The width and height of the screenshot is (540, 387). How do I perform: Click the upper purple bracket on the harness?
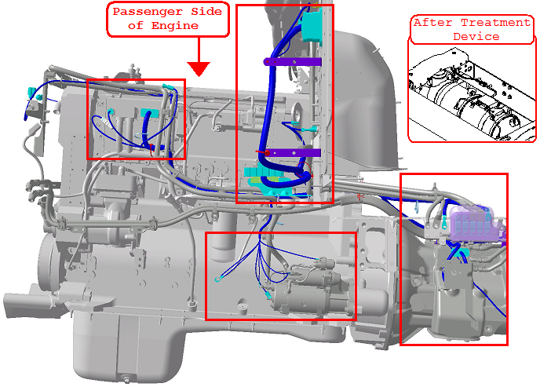pos(293,60)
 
